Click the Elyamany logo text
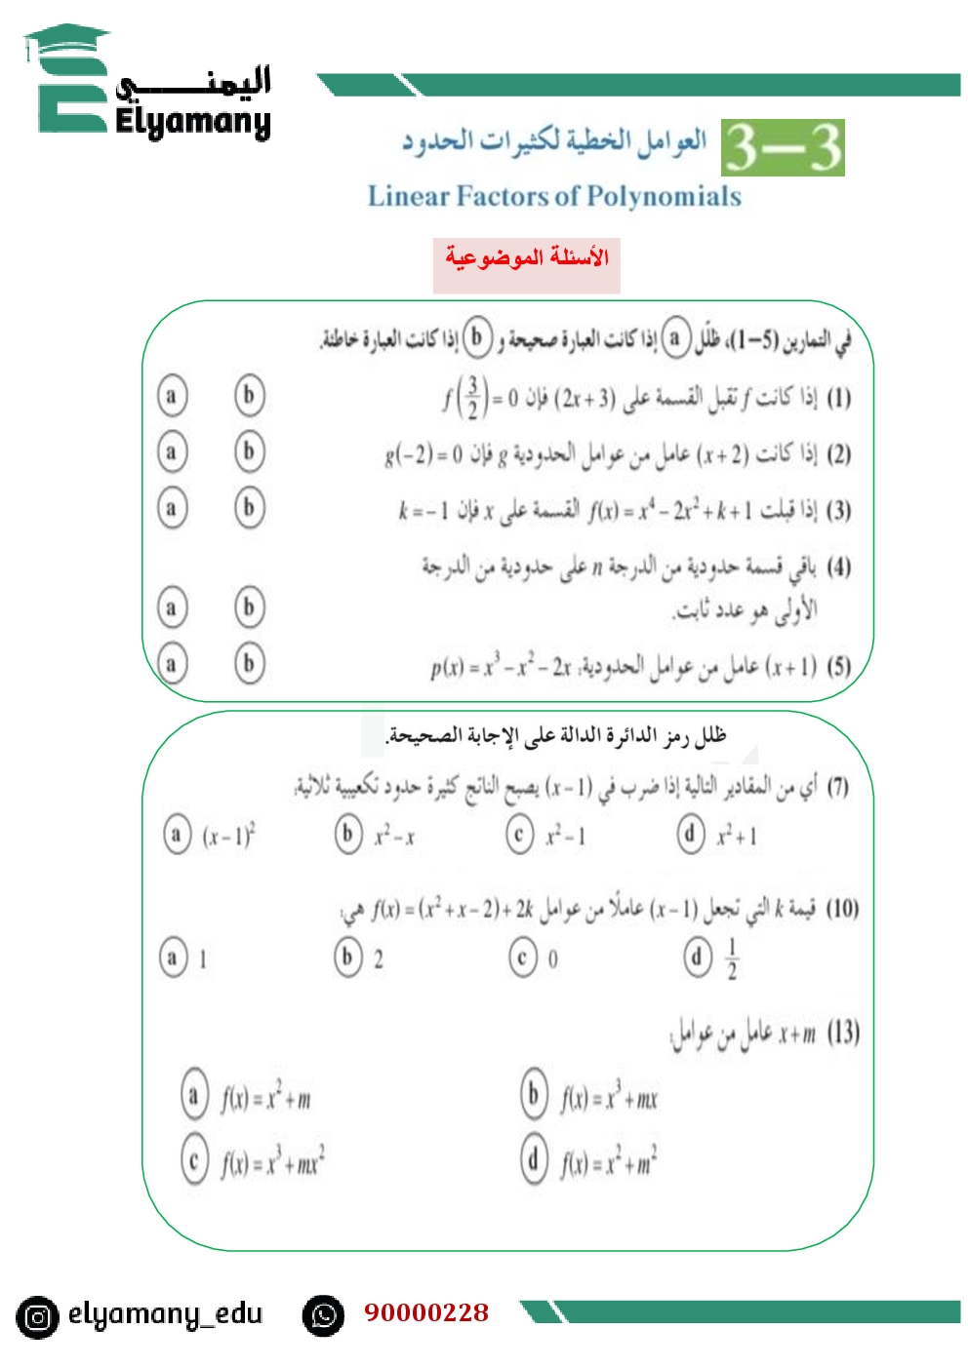192,122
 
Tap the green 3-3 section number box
783,148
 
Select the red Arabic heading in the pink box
526,257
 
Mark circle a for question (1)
172,396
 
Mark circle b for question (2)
249,451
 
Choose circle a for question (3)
172,508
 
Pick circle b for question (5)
249,664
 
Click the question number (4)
838,567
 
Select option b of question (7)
348,835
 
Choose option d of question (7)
691,834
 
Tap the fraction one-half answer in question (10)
732,958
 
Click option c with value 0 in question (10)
523,958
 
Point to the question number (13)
842,1033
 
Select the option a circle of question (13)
194,1096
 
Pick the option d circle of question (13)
534,1160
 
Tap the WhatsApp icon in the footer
323,1316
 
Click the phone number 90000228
426,1312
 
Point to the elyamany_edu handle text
165,1314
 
